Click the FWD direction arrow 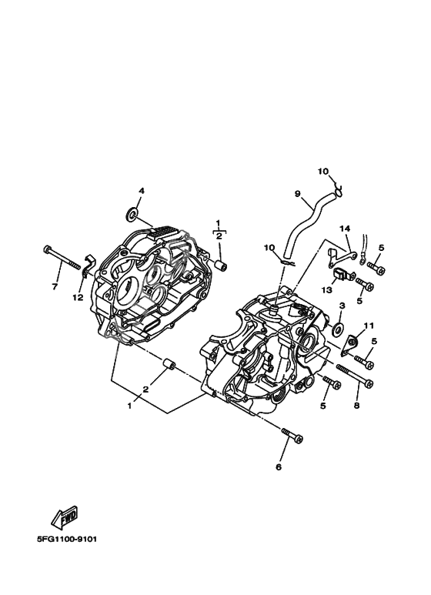65,516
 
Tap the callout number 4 141,191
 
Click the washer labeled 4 132,215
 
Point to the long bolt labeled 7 63,258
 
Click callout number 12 78,298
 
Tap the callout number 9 297,194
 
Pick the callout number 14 345,229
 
